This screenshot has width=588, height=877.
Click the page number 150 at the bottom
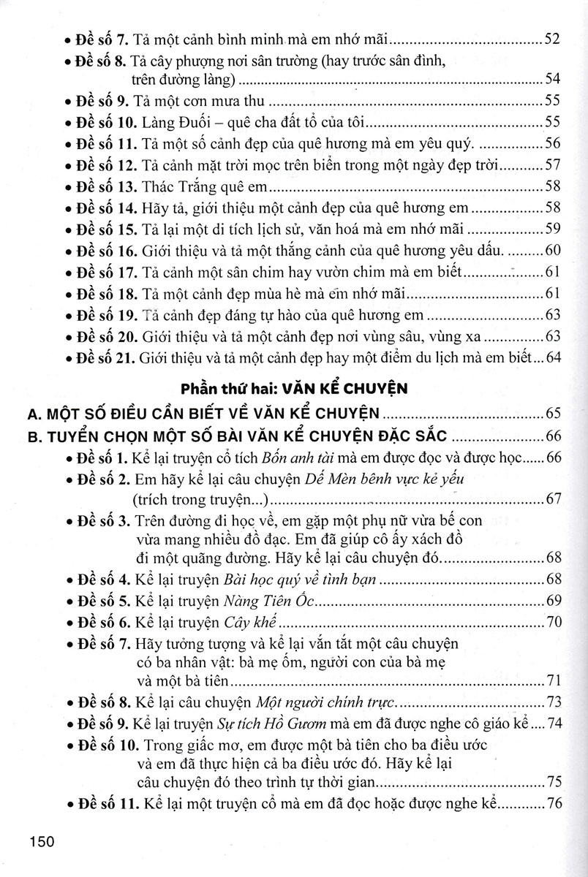pyautogui.click(x=42, y=842)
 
